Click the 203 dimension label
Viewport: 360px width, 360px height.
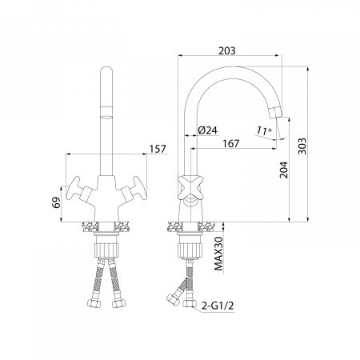[x=227, y=50]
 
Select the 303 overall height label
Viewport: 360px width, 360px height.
[x=302, y=146]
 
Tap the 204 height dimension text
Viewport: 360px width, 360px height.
[x=283, y=170]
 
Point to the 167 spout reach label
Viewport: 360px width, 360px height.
[x=231, y=143]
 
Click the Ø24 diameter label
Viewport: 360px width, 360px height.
[x=208, y=130]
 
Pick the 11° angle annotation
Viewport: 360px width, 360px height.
[x=264, y=130]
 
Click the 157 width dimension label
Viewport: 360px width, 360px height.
[x=158, y=149]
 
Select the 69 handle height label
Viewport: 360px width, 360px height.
[x=56, y=202]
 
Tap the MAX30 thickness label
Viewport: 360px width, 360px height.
[x=218, y=254]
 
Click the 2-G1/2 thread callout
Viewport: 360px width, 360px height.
[x=218, y=306]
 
